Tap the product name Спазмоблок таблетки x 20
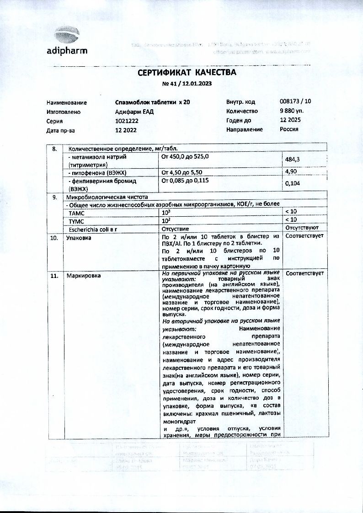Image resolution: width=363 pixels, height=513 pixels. [152, 102]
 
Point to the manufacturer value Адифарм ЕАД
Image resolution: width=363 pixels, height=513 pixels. [133, 112]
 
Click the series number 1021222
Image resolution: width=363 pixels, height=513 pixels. [127, 121]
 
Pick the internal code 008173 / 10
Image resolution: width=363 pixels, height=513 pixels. [295, 102]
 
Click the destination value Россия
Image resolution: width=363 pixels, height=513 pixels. [289, 129]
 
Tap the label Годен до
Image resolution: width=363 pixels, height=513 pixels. [239, 120]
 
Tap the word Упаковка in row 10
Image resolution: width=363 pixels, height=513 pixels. [79, 238]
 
